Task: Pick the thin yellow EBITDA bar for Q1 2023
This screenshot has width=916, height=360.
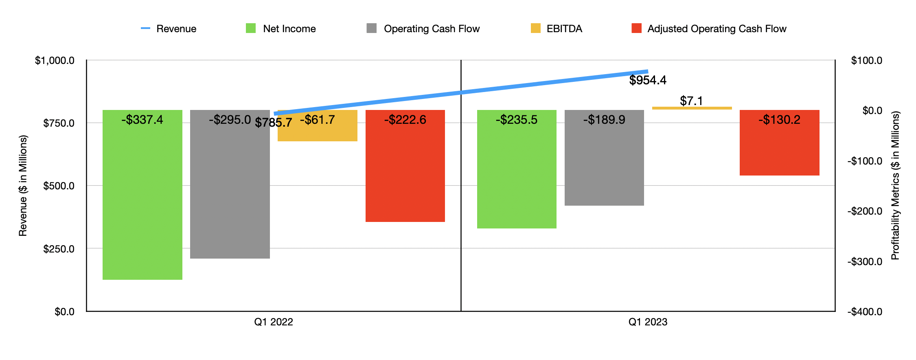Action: [x=692, y=108]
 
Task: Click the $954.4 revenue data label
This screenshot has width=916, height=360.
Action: [x=648, y=80]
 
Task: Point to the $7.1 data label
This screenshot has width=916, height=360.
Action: [x=691, y=101]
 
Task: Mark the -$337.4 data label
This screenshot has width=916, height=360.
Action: [x=142, y=120]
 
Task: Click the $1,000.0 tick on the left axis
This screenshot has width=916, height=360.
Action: [x=55, y=61]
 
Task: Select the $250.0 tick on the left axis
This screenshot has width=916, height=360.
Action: [x=59, y=249]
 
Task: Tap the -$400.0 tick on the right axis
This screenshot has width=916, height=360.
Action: [x=865, y=312]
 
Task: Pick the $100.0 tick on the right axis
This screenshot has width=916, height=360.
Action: [x=867, y=61]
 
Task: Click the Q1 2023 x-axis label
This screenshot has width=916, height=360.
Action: [x=648, y=322]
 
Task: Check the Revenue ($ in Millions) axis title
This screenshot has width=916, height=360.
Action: [x=23, y=186]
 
